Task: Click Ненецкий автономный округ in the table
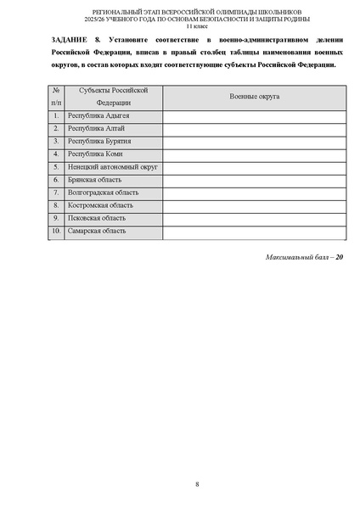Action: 112,167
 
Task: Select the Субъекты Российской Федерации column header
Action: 113,96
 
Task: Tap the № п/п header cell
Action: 55,96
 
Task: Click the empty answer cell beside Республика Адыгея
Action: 254,115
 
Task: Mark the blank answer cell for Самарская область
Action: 254,231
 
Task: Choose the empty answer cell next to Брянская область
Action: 254,180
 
